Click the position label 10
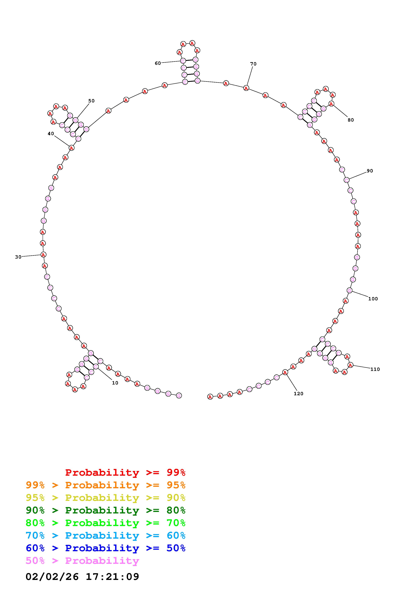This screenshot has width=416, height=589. point(115,383)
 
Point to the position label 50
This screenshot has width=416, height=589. point(91,101)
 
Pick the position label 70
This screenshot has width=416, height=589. point(253,64)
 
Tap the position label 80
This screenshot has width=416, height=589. point(351,120)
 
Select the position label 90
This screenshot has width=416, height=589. point(370,171)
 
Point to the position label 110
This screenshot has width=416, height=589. point(375,369)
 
